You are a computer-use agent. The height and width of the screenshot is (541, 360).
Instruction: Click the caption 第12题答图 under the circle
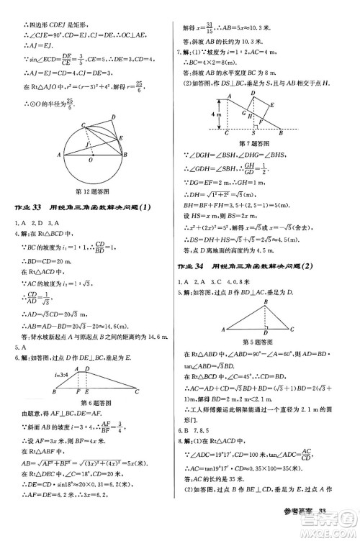pyautogui.click(x=91, y=191)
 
